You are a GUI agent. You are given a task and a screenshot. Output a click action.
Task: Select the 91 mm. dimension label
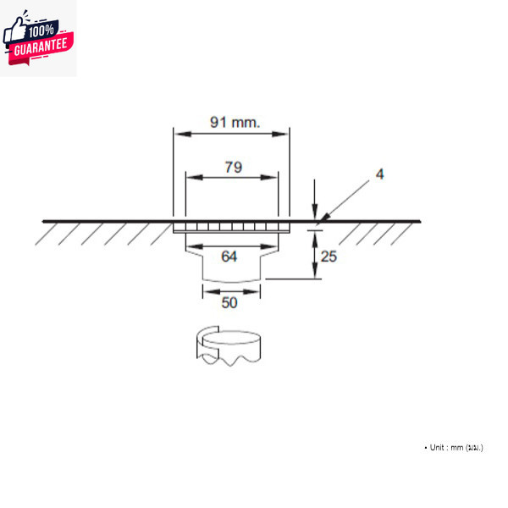235,122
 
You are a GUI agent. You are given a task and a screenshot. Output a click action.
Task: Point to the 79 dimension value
233,167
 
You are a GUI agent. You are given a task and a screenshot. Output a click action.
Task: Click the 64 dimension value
229,257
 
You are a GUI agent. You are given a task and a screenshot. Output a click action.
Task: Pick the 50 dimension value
229,302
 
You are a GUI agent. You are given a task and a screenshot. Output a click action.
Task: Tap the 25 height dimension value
329,256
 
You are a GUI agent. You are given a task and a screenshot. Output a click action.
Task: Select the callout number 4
380,174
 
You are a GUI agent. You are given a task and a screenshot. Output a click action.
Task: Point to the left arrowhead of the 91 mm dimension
178,132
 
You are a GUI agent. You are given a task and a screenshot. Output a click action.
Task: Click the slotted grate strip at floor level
230,227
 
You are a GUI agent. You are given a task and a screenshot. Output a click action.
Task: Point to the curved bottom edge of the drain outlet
230,280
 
